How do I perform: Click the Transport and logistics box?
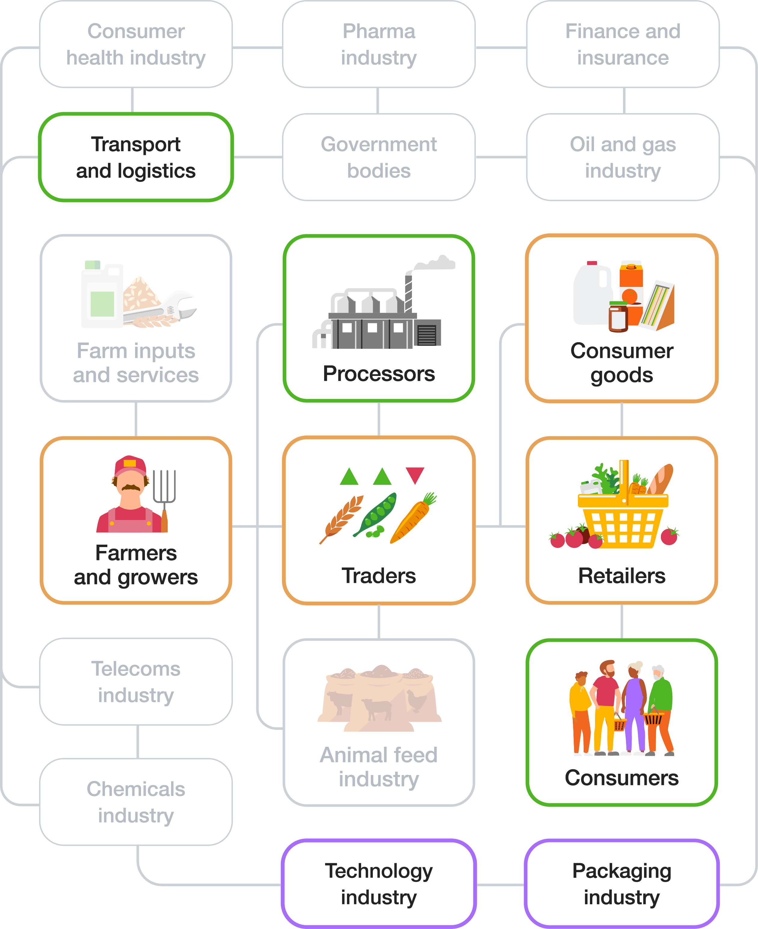(136, 157)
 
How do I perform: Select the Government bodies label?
(379, 157)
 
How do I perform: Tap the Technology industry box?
(379, 884)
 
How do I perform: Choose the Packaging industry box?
(622, 884)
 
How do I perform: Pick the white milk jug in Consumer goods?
(592, 295)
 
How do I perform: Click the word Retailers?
(622, 576)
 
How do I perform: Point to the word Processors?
(379, 374)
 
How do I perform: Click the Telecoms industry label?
(136, 682)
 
